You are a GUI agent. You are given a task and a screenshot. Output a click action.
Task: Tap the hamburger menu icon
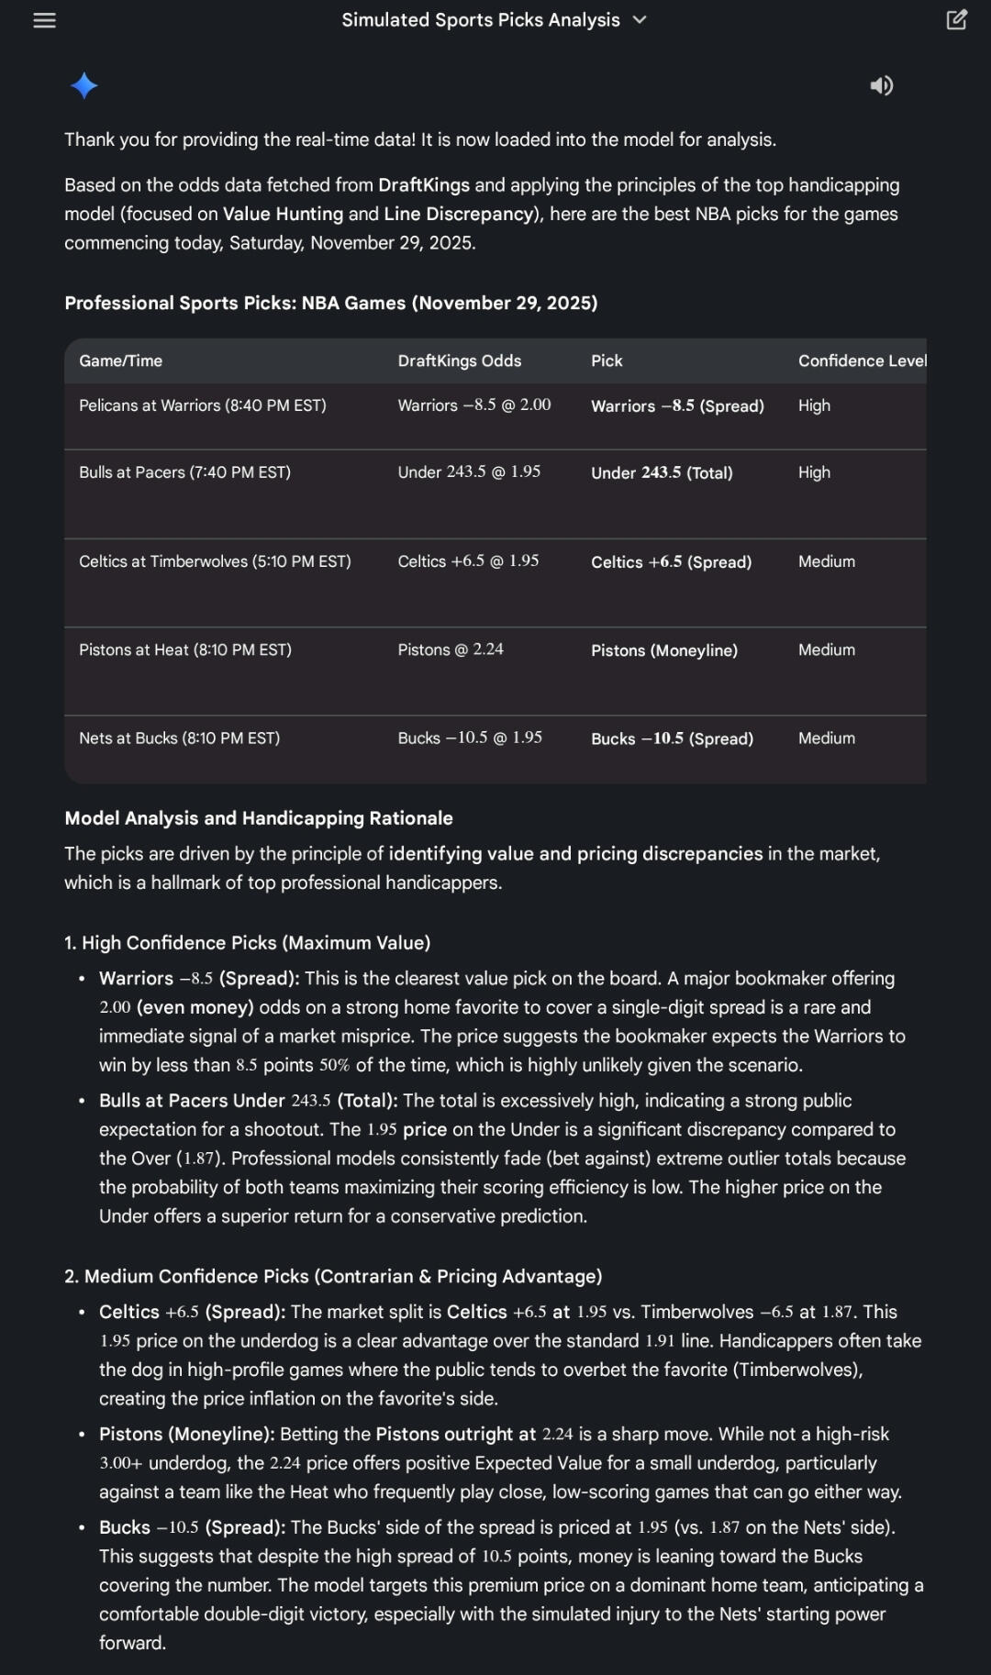point(44,20)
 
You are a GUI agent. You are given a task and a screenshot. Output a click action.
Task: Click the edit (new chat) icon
point(956,20)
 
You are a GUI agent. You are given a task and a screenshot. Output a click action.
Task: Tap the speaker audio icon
point(881,85)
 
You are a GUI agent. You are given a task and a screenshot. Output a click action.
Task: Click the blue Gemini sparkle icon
point(84,85)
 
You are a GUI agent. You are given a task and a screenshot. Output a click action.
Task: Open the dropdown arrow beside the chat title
point(640,20)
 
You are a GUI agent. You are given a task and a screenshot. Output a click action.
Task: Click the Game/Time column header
point(120,361)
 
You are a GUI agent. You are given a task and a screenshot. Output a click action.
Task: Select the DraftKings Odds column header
point(459,361)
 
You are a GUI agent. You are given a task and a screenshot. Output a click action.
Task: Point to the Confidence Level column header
point(861,361)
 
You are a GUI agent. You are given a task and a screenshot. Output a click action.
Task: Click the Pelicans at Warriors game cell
point(202,405)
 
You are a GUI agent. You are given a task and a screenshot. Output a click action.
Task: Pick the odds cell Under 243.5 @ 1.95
point(469,471)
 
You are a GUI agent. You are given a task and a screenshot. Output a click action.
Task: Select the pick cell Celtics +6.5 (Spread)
point(671,561)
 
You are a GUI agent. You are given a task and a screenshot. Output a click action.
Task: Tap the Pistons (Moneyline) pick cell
point(663,650)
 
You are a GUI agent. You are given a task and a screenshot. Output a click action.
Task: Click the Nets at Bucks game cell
point(179,738)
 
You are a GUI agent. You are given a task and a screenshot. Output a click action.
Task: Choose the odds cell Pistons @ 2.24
point(451,649)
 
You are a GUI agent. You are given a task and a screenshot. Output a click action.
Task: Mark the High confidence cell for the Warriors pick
point(814,405)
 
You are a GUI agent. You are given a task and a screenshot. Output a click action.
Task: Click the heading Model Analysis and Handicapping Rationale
point(258,818)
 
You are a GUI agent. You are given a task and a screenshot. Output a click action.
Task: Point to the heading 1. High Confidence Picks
point(247,943)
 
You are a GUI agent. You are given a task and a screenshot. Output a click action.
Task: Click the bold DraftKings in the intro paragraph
point(423,185)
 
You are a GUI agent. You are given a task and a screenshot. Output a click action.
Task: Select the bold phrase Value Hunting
point(283,214)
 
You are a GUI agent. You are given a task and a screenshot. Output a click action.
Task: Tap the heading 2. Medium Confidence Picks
point(332,1276)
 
